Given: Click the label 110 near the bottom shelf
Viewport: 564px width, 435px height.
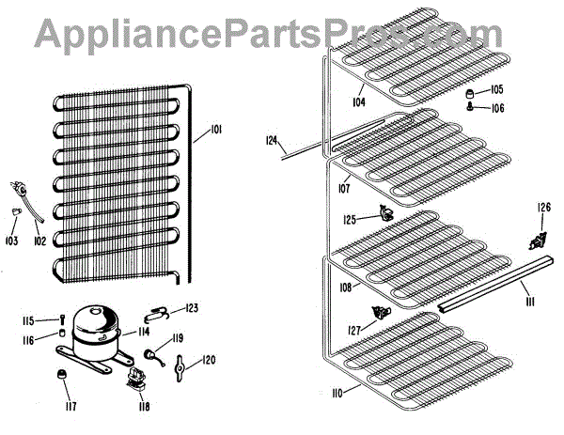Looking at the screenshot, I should click(x=350, y=389).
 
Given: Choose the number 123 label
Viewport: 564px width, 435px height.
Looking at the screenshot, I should click(x=192, y=308).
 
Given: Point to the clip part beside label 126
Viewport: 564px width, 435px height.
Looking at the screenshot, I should click(x=539, y=230).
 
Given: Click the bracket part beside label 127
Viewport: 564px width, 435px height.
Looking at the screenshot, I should click(x=381, y=312).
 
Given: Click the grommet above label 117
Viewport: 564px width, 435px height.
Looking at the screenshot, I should click(x=63, y=376).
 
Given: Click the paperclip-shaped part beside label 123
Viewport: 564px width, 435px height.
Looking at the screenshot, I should click(x=160, y=311).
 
